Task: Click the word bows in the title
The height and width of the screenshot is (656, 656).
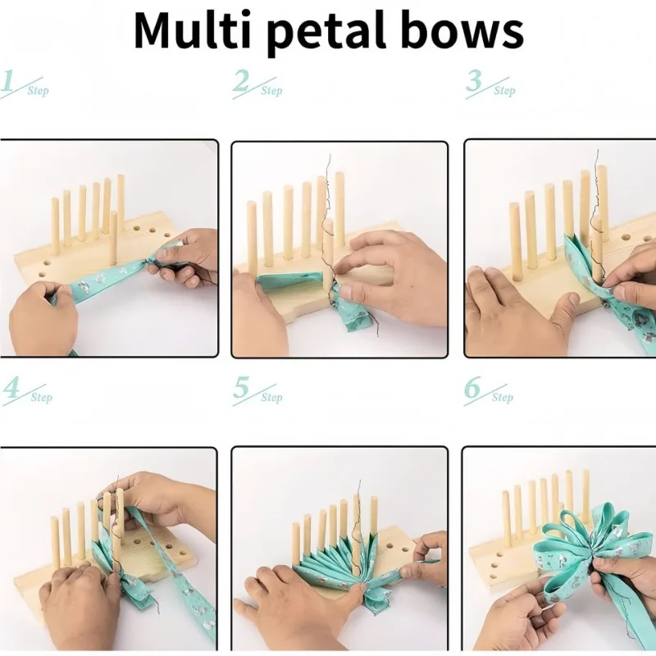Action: tap(462, 30)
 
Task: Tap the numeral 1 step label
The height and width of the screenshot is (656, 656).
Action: tap(8, 81)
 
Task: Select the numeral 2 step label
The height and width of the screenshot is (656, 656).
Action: tap(241, 80)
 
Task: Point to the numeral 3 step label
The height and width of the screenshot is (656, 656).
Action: tap(474, 80)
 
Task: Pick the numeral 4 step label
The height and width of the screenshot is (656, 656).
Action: tap(11, 388)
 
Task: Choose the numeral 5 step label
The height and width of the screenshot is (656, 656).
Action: tap(241, 387)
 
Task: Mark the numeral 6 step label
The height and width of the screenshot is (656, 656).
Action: tap(472, 387)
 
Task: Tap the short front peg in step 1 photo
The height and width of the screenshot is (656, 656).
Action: tap(113, 238)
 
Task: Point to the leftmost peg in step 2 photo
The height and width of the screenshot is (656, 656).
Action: tap(252, 237)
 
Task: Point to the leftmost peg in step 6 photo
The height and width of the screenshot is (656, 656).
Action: tap(507, 517)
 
